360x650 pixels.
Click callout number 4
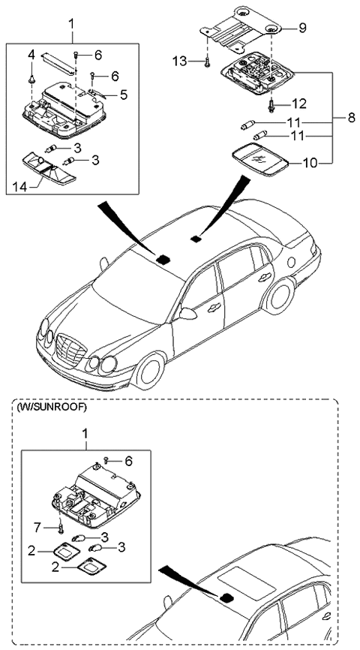point(31,55)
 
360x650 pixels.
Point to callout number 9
point(302,28)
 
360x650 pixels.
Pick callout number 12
point(299,102)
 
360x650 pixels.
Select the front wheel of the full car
point(150,369)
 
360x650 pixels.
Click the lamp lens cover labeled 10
point(259,160)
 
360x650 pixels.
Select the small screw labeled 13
point(205,64)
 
